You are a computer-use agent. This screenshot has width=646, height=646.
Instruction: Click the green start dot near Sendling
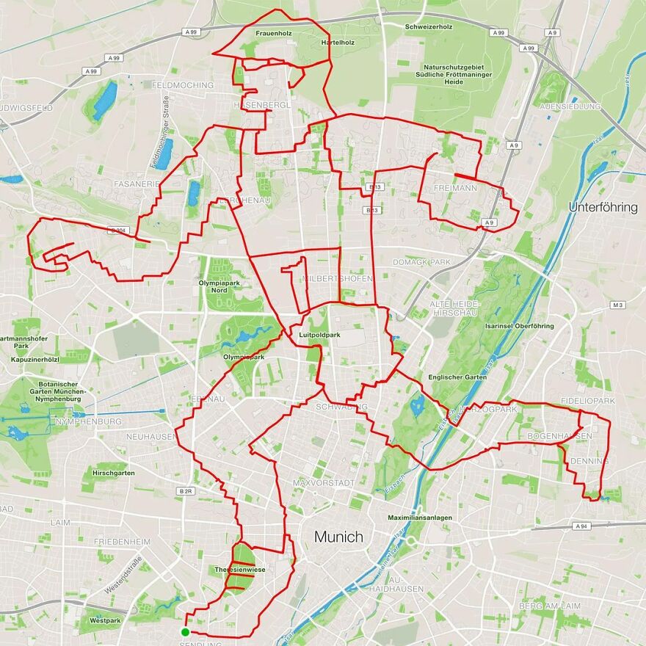[x=186, y=631]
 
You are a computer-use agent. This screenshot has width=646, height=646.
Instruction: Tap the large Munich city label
[x=338, y=537]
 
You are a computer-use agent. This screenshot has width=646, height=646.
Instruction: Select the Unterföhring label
[x=603, y=208]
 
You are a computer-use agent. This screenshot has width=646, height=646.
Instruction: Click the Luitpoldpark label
[x=320, y=335]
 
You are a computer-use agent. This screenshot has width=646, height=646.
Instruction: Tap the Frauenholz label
[x=274, y=34]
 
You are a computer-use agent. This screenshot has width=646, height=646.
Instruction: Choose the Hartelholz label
[x=338, y=43]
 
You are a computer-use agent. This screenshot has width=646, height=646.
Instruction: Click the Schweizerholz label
[x=429, y=27]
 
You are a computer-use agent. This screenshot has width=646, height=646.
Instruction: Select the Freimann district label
[x=455, y=189]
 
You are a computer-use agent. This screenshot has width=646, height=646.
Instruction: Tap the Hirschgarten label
[x=114, y=473]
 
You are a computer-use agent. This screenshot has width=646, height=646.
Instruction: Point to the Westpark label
[x=100, y=620]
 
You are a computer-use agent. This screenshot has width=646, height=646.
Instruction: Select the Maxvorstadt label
[x=323, y=483]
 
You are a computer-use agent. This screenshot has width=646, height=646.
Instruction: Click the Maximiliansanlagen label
[x=420, y=518]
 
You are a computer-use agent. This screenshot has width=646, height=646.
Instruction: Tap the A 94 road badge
[x=582, y=526]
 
